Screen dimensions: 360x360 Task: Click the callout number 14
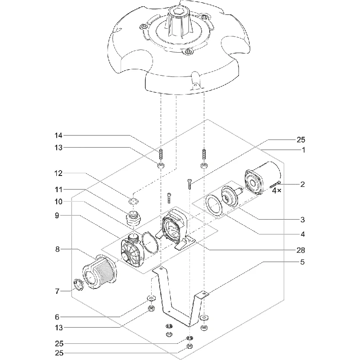pos(58,135)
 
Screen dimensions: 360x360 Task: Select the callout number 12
pos(58,173)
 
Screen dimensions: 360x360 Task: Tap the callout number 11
pos(58,189)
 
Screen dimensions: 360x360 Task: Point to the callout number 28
pos(301,250)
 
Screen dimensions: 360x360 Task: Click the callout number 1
pos(303,150)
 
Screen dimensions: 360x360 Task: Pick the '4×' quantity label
pos(276,190)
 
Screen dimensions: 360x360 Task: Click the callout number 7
pos(57,291)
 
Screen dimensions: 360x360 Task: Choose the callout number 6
pos(57,317)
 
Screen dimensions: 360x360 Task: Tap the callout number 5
pos(302,262)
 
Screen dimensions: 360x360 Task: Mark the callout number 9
pos(57,216)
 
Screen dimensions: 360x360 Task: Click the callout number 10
pos(58,202)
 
